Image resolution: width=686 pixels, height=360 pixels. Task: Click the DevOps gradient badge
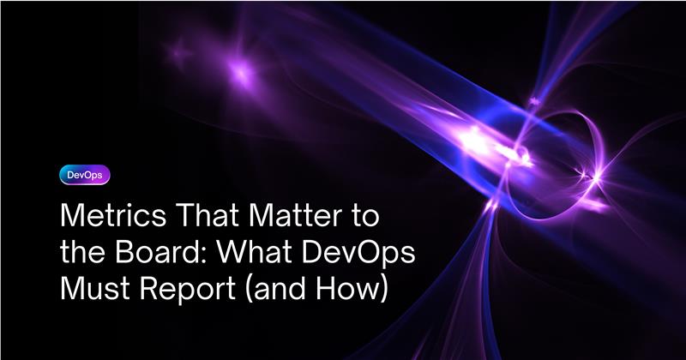pyautogui.click(x=85, y=175)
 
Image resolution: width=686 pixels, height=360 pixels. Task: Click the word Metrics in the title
pyautogui.click(x=113, y=215)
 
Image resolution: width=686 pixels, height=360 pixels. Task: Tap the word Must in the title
pyautogui.click(x=96, y=288)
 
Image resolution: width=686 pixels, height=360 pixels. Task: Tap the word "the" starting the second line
pyautogui.click(x=85, y=251)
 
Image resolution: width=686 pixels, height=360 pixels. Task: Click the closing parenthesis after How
pyautogui.click(x=383, y=289)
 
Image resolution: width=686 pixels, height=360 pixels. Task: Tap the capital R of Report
pyautogui.click(x=149, y=288)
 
